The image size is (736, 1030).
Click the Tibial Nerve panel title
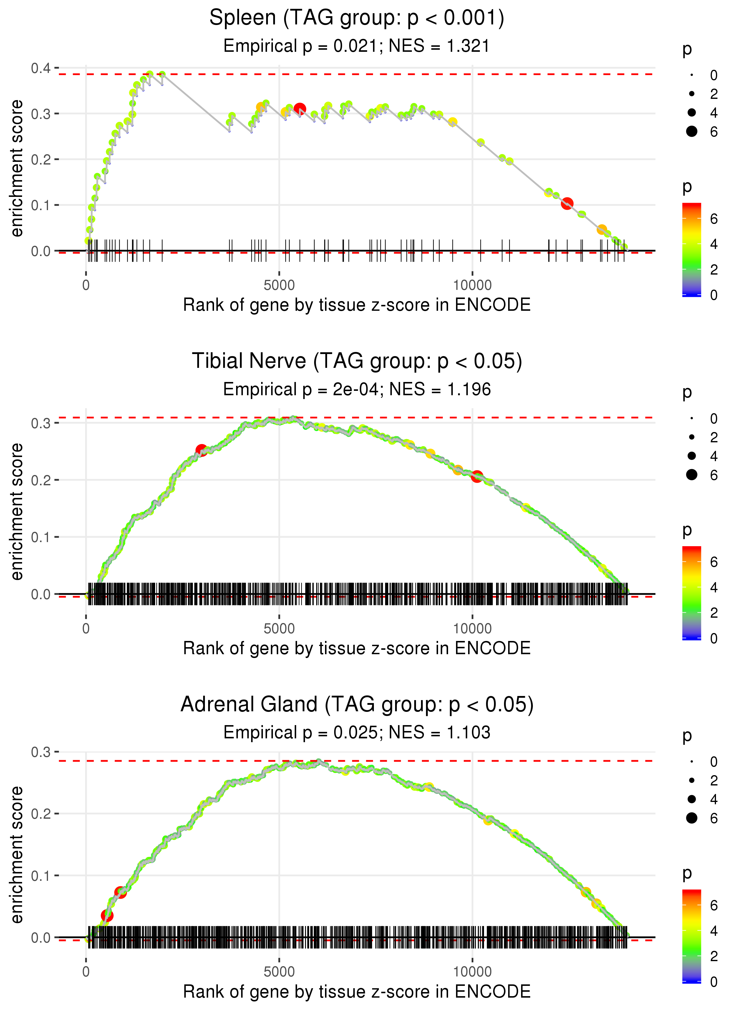357,361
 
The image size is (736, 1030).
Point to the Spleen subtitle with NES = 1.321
357,46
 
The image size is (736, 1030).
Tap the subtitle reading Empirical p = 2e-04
357,390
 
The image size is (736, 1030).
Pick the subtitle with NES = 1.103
357,732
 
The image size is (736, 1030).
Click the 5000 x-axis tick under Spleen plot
279,285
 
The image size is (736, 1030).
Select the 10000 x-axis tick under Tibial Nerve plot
472,629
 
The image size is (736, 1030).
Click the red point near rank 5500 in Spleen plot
300,109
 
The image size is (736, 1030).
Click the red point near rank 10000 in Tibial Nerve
477,476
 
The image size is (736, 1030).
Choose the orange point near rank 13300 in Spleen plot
602,230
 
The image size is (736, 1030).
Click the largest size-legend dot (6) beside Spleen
692,131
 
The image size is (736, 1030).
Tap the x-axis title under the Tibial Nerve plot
357,648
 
